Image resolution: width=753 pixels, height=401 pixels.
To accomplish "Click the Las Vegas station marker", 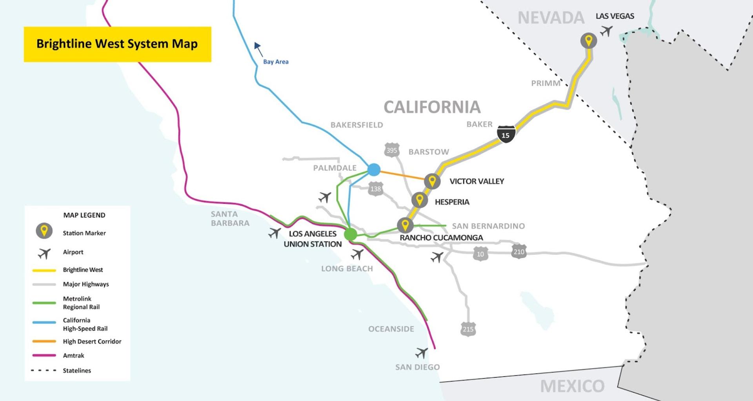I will (588, 40).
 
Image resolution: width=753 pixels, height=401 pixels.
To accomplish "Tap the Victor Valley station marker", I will (432, 181).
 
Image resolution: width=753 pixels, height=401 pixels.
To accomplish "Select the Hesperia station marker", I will (419, 200).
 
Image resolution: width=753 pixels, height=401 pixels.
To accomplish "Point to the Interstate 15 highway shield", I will (506, 134).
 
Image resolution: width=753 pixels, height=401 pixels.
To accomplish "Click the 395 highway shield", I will (391, 150).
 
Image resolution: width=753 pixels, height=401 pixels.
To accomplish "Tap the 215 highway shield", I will (468, 329).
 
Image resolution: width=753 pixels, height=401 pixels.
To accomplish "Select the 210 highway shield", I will (518, 251).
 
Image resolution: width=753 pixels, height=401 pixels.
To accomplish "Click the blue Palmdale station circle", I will (374, 170).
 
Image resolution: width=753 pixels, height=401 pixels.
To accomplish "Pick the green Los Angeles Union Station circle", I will (350, 234).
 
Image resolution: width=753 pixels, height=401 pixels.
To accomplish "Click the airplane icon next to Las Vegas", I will (606, 31).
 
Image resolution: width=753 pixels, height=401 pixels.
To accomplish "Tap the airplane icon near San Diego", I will (422, 353).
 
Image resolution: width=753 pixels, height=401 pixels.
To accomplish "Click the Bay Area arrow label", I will (275, 62).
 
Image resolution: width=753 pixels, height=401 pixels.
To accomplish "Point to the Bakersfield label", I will (356, 125).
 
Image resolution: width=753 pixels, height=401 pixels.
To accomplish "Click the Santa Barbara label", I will (230, 218).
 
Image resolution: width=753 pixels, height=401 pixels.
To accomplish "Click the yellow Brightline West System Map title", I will (117, 44).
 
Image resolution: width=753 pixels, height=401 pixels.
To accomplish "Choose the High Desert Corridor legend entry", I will (92, 341).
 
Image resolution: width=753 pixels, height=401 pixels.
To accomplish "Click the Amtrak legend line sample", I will (44, 355).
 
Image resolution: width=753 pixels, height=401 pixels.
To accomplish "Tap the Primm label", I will (546, 83).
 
